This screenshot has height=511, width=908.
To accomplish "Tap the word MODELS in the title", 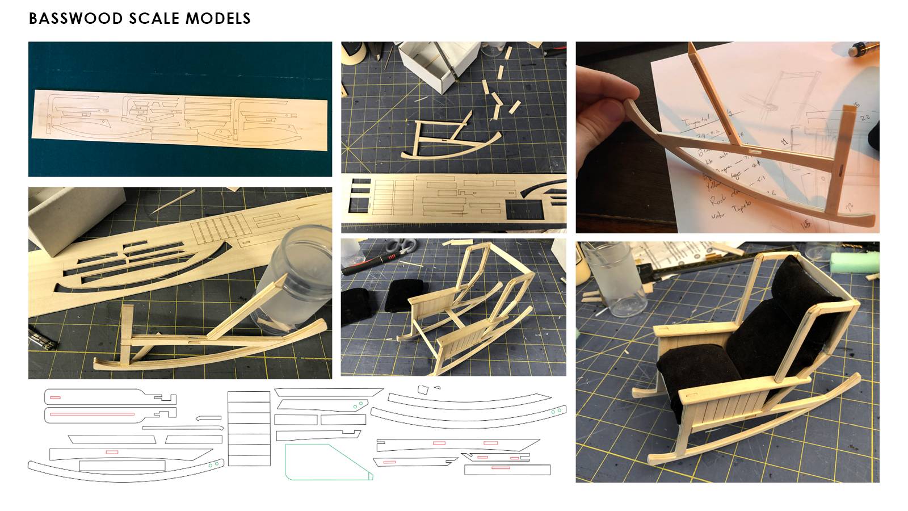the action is (x=218, y=19).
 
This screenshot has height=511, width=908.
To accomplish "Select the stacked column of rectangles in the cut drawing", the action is (x=249, y=429).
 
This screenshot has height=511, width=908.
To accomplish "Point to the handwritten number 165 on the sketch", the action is (x=805, y=225).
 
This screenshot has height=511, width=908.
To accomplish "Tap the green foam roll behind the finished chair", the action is (x=854, y=263).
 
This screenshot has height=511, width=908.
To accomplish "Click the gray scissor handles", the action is (x=401, y=246).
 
